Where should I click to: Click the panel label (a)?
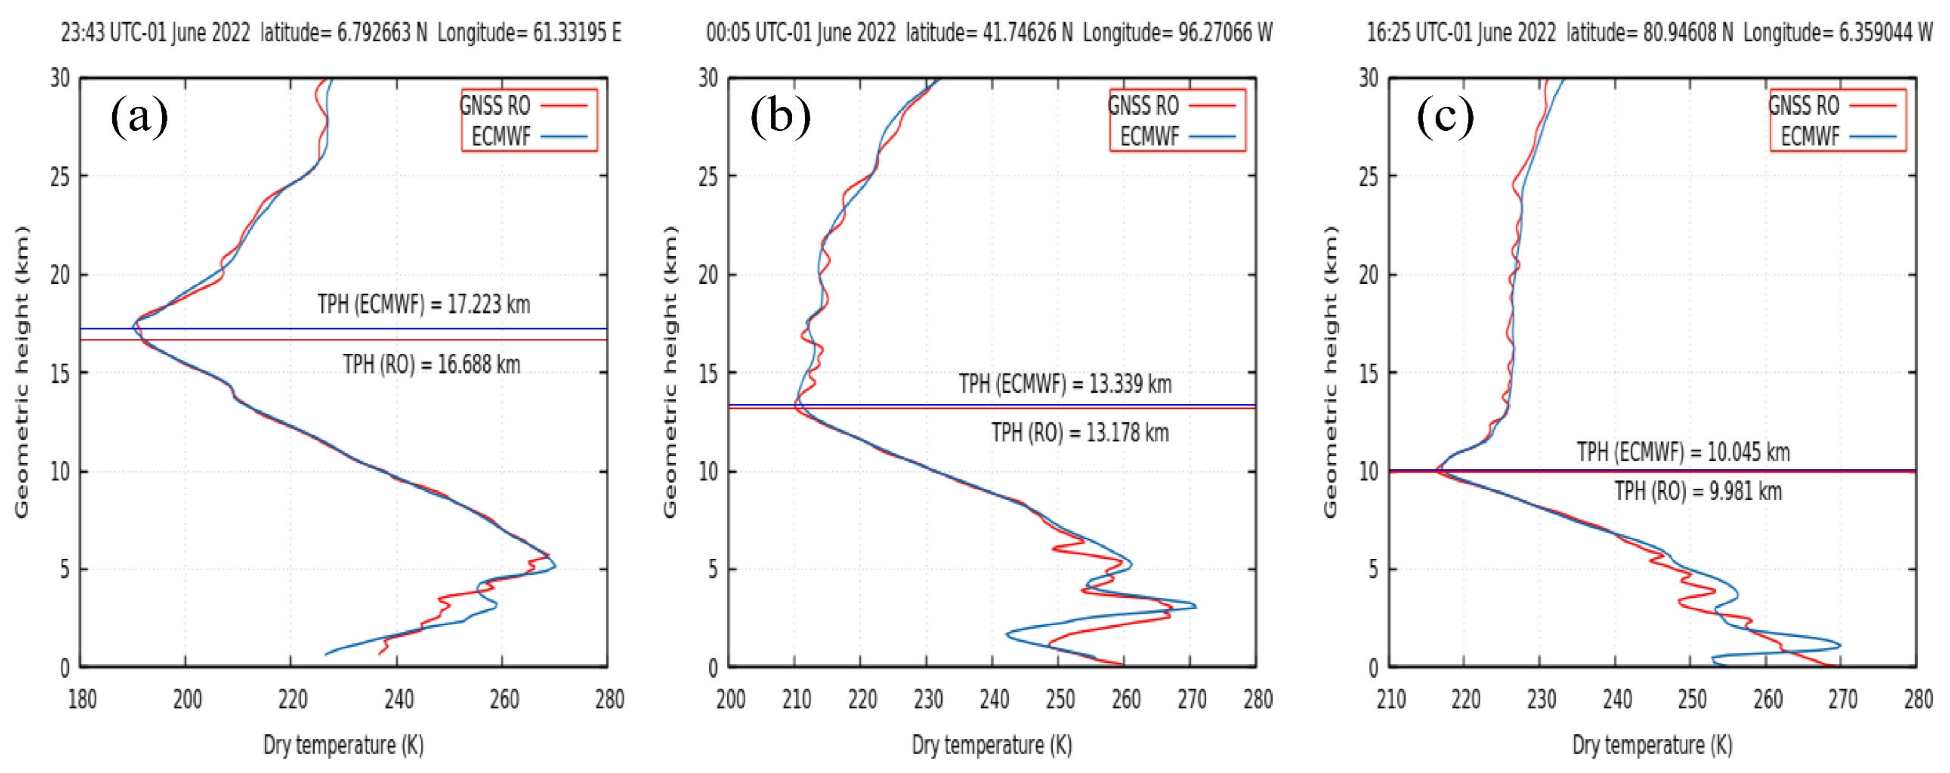click(139, 118)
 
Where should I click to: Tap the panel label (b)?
click(780, 118)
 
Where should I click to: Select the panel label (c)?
click(1445, 118)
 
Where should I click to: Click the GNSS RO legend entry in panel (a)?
click(496, 105)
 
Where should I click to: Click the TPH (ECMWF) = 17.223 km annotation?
click(424, 304)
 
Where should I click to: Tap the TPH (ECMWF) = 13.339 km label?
click(1065, 384)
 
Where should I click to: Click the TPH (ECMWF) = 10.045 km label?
click(1684, 452)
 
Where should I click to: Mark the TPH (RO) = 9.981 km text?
click(1698, 491)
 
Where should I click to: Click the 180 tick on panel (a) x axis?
click(82, 699)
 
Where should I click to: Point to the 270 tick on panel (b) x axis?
click(1191, 699)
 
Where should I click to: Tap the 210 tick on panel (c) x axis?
click(1391, 699)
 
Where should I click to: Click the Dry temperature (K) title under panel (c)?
click(1652, 745)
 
